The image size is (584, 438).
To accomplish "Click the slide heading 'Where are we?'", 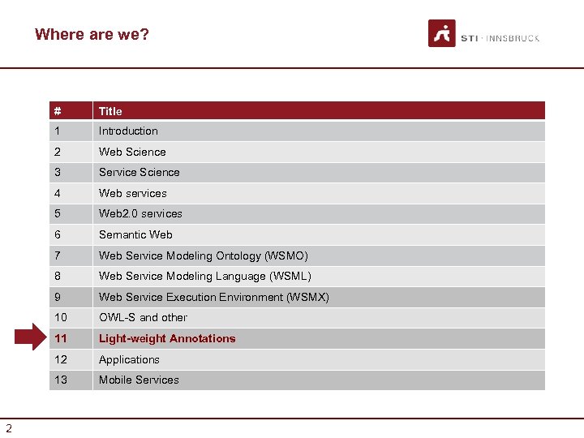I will coord(92,35).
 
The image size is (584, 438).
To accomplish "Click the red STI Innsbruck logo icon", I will coord(442,34).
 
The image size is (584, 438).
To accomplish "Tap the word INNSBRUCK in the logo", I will coord(513,38).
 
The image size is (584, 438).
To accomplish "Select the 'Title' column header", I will coord(110,111).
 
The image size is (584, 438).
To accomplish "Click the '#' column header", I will coord(58,111).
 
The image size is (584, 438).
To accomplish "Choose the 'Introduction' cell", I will coord(128,131).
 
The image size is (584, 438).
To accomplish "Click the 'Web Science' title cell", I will coord(132,152).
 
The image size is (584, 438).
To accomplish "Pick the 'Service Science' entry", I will coord(140,173).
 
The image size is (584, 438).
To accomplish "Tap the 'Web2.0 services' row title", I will coord(140,214).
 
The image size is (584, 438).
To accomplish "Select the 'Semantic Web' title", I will coord(135,234).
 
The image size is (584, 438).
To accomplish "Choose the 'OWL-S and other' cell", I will coord(143,318).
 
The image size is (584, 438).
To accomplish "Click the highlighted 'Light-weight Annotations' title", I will coord(167,339).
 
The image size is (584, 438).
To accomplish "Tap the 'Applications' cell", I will coord(129,359).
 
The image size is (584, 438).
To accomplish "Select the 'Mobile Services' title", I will coord(139,380).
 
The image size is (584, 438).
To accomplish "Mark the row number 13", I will coord(61,380).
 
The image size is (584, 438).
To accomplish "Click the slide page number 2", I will coord(9,428).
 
